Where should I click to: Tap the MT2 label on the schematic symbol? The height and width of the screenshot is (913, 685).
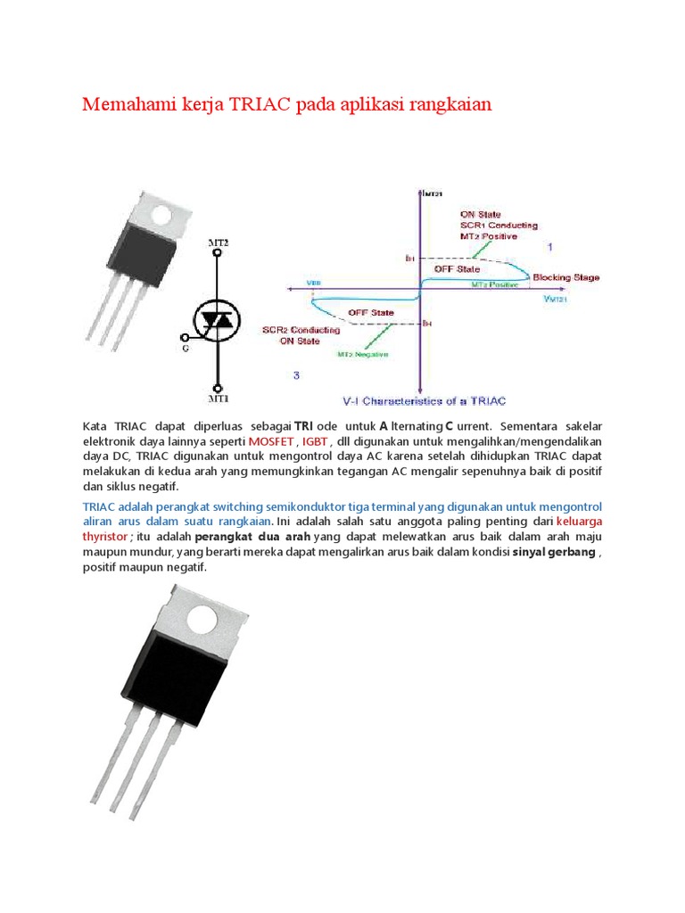tap(219, 242)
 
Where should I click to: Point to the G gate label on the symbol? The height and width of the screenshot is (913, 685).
tap(186, 349)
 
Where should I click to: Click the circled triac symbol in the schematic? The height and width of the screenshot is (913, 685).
tap(219, 319)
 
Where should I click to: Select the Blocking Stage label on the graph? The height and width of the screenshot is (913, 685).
tap(566, 277)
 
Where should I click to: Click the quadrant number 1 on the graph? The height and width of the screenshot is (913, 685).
tap(550, 245)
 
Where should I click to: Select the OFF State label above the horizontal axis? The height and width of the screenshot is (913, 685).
tap(457, 268)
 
